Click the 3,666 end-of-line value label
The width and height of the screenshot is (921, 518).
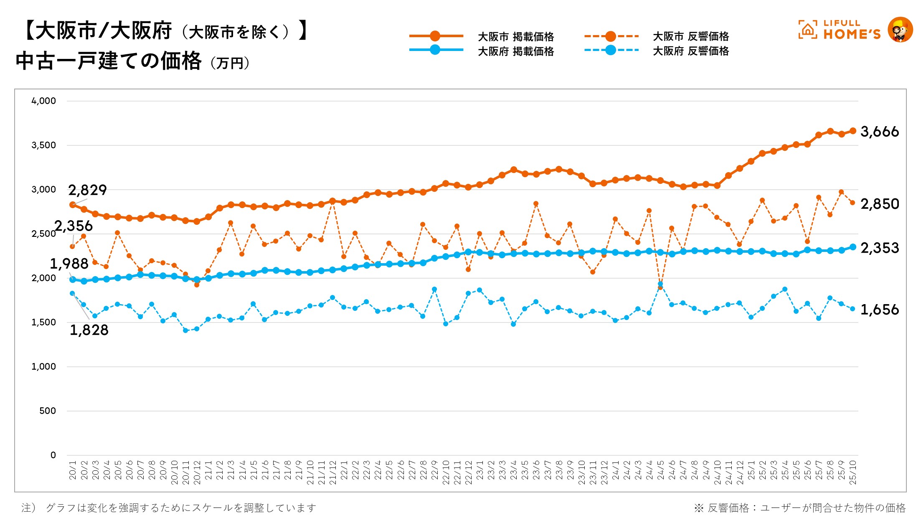click(879, 132)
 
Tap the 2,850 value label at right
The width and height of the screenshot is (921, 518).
click(880, 204)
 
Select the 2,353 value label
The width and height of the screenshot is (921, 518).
click(880, 248)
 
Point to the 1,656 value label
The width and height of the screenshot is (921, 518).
click(880, 310)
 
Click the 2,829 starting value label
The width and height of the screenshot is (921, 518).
click(87, 190)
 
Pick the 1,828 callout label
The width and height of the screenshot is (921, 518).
click(89, 330)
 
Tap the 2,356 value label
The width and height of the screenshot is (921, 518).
click(74, 226)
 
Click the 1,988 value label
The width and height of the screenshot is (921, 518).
click(69, 264)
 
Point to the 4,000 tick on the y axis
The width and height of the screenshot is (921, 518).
click(43, 101)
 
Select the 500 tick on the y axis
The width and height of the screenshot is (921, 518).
click(48, 411)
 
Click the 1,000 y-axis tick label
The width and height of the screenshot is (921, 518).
click(43, 366)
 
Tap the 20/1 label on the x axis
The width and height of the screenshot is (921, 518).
click(73, 470)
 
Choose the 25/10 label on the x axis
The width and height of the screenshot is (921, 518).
click(853, 472)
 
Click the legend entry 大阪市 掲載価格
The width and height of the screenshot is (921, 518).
click(515, 37)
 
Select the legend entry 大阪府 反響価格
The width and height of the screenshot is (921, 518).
click(690, 51)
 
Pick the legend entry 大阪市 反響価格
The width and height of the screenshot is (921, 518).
click(690, 36)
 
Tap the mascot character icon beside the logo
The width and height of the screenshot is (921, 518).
click(900, 30)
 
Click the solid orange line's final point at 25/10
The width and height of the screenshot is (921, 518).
click(853, 131)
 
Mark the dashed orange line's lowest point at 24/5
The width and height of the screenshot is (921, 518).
click(660, 288)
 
